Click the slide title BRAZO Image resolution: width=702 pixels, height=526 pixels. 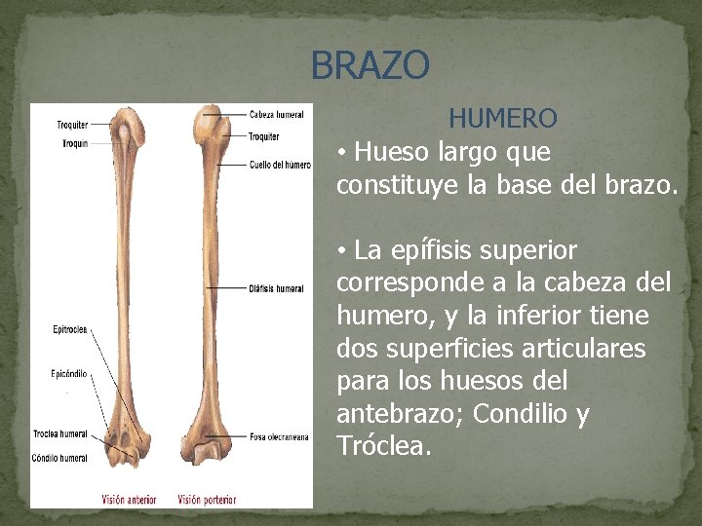tap(370, 66)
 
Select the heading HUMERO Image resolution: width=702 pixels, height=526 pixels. tap(502, 119)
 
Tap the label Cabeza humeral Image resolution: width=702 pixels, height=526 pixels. tap(276, 114)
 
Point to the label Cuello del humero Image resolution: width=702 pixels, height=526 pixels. tap(280, 165)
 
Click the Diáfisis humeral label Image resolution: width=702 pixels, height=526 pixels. tap(277, 288)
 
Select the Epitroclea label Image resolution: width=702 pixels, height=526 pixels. tap(71, 329)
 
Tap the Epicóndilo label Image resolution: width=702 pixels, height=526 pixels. tap(70, 373)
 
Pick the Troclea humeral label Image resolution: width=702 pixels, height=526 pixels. tap(60, 434)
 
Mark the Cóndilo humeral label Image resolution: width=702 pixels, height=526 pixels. tap(60, 458)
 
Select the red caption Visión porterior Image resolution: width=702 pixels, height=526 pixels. tap(207, 500)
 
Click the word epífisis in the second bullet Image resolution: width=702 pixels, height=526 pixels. tap(427, 250)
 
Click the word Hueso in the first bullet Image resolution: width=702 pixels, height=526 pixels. tap(389, 152)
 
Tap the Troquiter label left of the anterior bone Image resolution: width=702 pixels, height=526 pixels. tap(72, 125)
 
